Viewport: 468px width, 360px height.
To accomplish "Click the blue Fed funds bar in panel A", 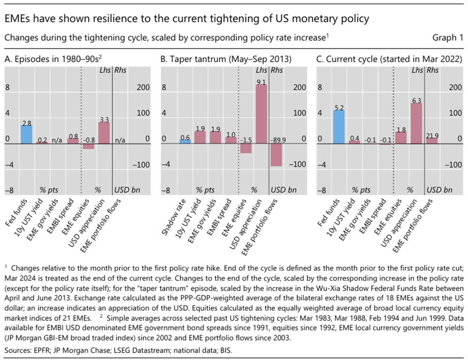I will click(x=26, y=134).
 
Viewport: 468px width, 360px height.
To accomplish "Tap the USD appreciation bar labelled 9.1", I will click(x=262, y=114).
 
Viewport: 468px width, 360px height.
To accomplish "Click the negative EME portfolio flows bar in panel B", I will click(x=276, y=155).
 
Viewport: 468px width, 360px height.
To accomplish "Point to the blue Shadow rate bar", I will click(x=185, y=141).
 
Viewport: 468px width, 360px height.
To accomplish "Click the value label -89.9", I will click(x=277, y=138).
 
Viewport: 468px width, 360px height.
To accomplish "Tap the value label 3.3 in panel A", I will click(x=104, y=119).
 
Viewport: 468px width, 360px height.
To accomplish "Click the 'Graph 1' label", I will click(x=448, y=38).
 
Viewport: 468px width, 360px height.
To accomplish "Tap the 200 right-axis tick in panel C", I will click(x=449, y=87).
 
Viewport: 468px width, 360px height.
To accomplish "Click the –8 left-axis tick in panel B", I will click(x=165, y=191).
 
